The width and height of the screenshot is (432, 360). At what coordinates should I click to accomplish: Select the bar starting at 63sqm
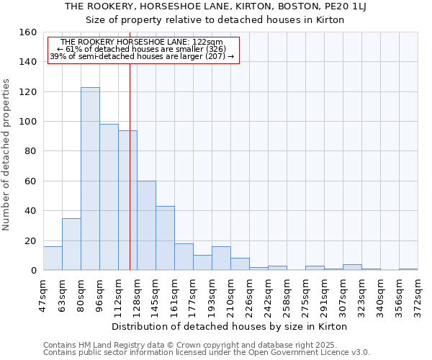pyautogui.click(x=71, y=244)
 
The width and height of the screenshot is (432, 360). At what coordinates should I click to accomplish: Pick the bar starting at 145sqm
pyautogui.click(x=165, y=238)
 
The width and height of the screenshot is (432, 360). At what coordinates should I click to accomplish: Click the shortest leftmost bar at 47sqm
pyautogui.click(x=53, y=258)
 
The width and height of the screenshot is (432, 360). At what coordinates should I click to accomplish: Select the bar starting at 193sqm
pyautogui.click(x=221, y=258)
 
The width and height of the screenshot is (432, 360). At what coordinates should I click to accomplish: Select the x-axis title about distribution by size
pyautogui.click(x=230, y=326)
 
